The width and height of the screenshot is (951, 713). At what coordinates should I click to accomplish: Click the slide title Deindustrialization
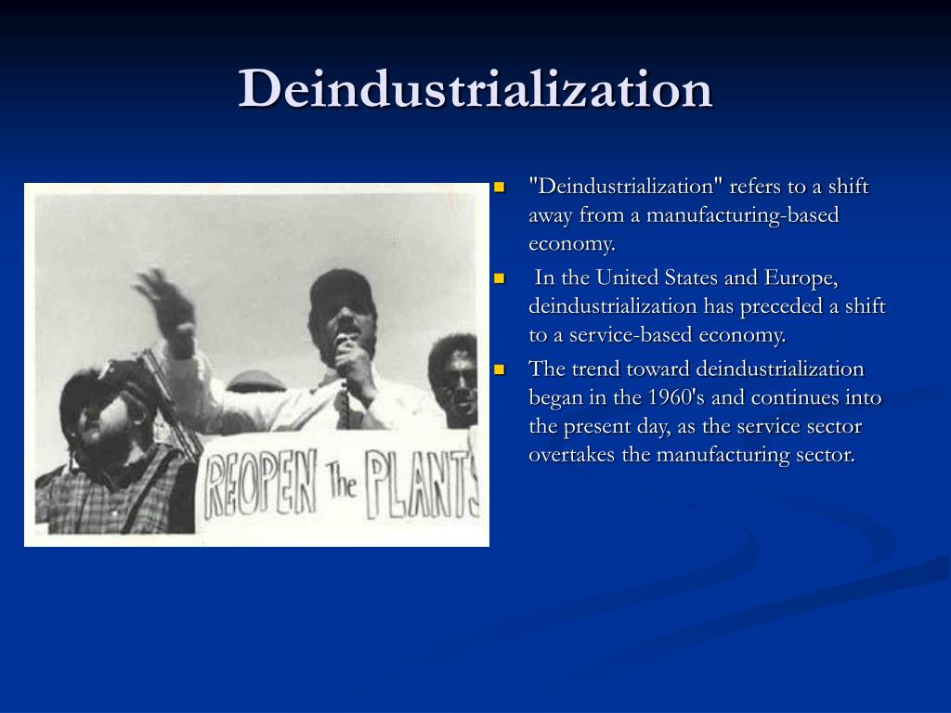click(x=475, y=90)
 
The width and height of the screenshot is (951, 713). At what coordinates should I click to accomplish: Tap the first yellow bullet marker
click(x=499, y=187)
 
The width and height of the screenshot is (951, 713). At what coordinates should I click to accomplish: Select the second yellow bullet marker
click(x=499, y=278)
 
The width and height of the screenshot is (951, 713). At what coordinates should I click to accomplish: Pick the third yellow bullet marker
click(x=499, y=369)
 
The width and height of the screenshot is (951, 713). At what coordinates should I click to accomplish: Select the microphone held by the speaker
click(x=343, y=348)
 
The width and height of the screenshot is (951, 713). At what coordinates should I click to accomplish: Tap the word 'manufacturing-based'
click(x=743, y=215)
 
